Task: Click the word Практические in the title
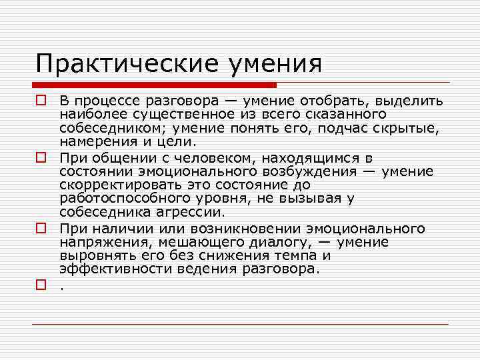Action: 127,64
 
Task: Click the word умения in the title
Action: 275,64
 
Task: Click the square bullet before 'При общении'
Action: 41,159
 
